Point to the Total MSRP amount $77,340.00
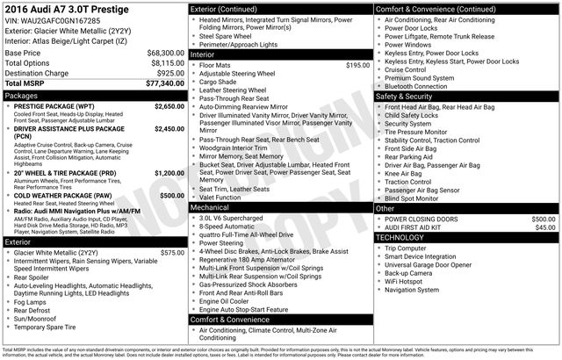(165, 83)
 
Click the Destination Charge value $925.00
(170, 73)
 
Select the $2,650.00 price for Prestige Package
(169, 105)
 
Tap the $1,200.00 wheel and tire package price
(169, 173)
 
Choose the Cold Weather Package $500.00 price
(172, 196)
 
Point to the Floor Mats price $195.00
(357, 65)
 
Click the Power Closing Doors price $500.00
(543, 218)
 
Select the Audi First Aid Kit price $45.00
(545, 227)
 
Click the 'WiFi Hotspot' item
(408, 281)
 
